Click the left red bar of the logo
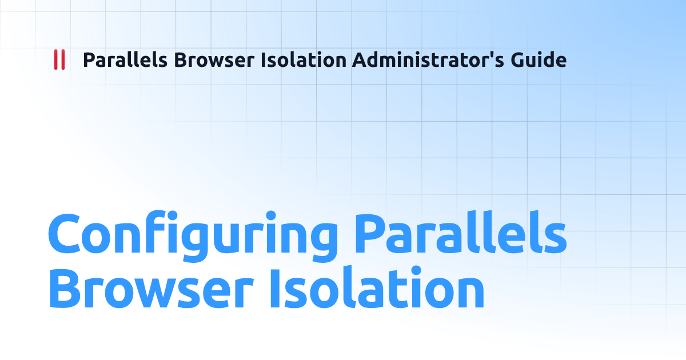click(55, 60)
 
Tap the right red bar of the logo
click(62, 60)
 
